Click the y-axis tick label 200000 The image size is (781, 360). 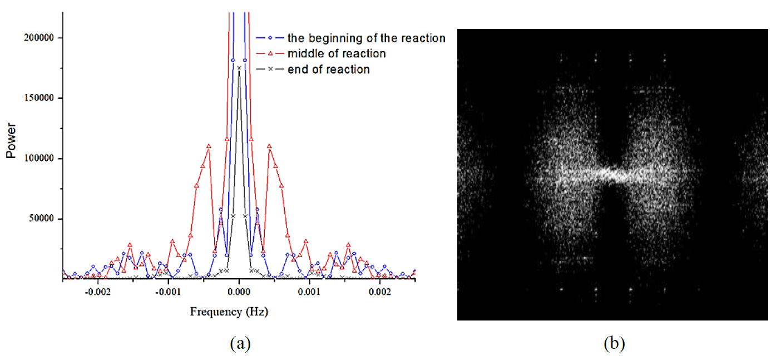pyautogui.click(x=41, y=38)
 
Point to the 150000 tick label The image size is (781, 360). pyautogui.click(x=41, y=98)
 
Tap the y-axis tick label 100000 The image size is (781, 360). pyautogui.click(x=41, y=159)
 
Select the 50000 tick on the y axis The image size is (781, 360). pyautogui.click(x=43, y=219)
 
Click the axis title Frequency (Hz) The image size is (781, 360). pyautogui.click(x=229, y=312)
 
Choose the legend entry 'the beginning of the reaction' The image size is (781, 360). pyautogui.click(x=366, y=38)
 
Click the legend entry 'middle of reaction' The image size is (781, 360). pyautogui.click(x=336, y=54)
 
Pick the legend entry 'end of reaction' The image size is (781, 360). pyautogui.click(x=328, y=70)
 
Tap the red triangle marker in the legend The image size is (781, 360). pyautogui.click(x=270, y=54)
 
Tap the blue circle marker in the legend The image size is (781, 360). pyautogui.click(x=270, y=38)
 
